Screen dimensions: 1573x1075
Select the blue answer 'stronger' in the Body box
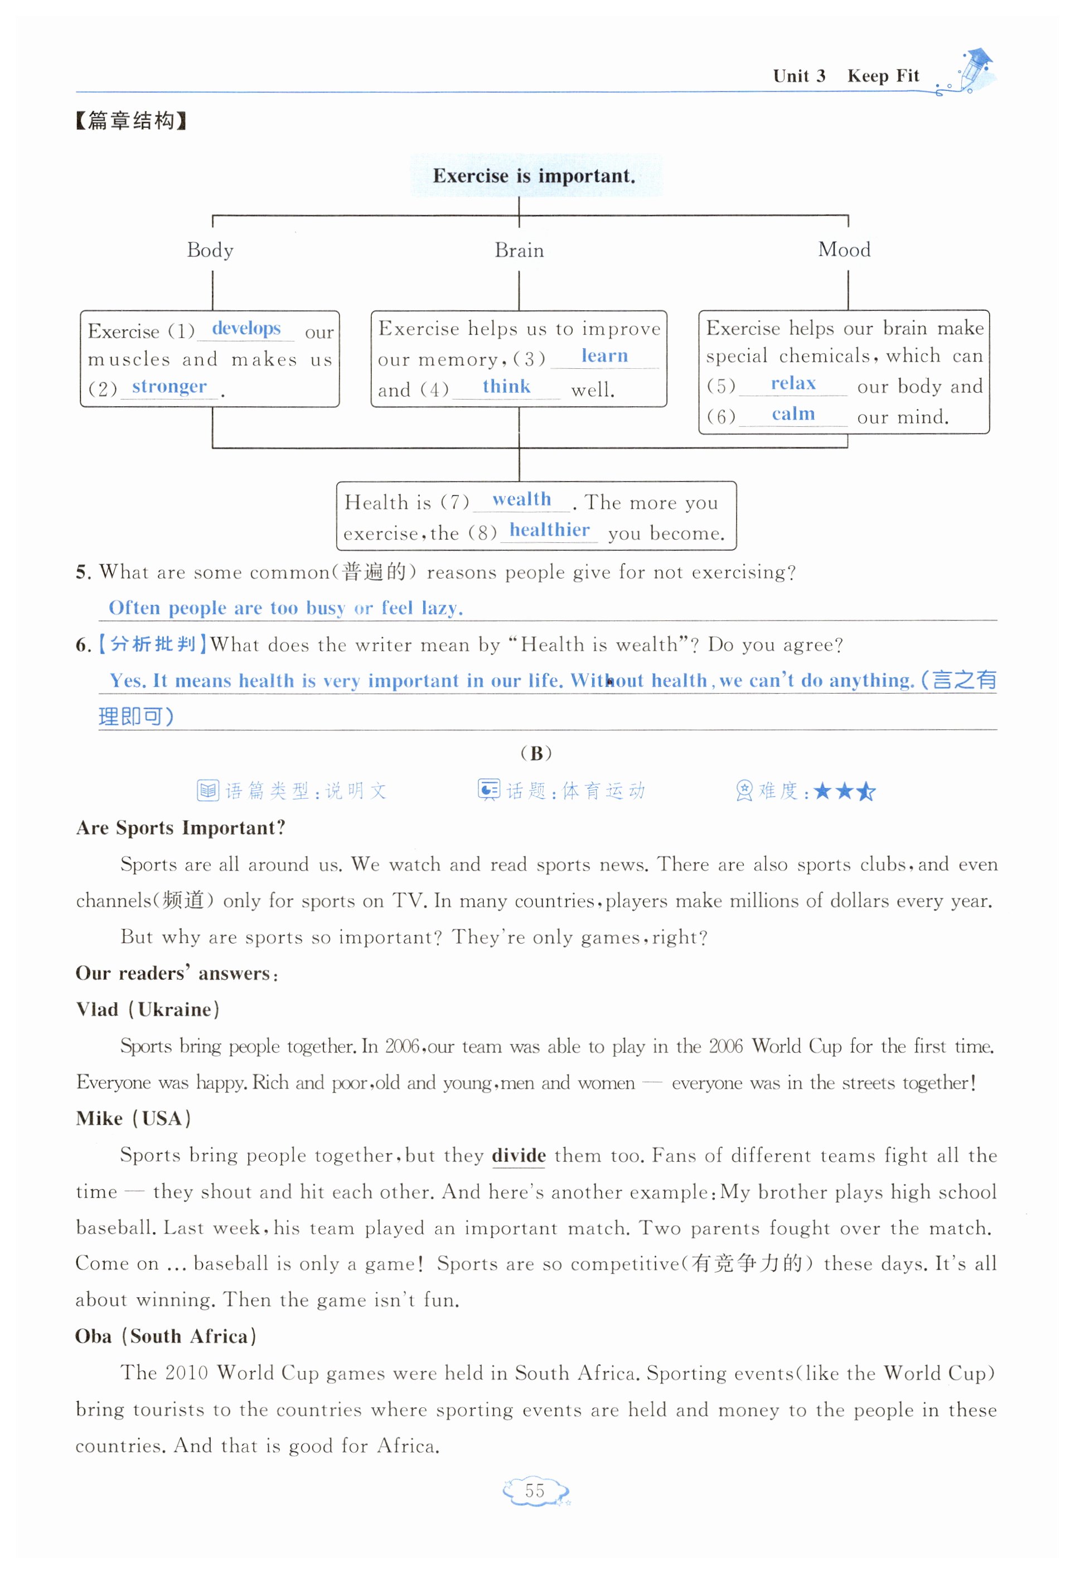pyautogui.click(x=169, y=387)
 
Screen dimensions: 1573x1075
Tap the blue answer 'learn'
pyautogui.click(x=604, y=356)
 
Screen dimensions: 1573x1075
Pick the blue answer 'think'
pyautogui.click(x=506, y=387)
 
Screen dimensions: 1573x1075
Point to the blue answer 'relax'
pyautogui.click(x=793, y=384)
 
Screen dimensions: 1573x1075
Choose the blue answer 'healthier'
pyautogui.click(x=549, y=530)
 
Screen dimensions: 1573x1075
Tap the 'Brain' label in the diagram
pyautogui.click(x=519, y=251)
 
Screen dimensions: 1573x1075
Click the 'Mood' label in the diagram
pyautogui.click(x=844, y=250)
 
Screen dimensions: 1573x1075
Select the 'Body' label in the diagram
pyautogui.click(x=210, y=251)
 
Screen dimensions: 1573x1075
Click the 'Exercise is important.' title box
pyautogui.click(x=535, y=176)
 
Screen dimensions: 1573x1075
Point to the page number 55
pyautogui.click(x=535, y=1490)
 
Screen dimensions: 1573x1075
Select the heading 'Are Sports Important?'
pyautogui.click(x=181, y=828)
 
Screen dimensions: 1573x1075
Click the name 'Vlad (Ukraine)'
pyautogui.click(x=148, y=1009)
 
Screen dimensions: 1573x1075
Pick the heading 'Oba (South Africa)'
pyautogui.click(x=166, y=1336)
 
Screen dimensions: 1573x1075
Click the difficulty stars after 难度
pyautogui.click(x=844, y=791)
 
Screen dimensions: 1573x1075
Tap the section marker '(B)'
pyautogui.click(x=536, y=753)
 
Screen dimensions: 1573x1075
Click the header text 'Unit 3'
pyautogui.click(x=799, y=76)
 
